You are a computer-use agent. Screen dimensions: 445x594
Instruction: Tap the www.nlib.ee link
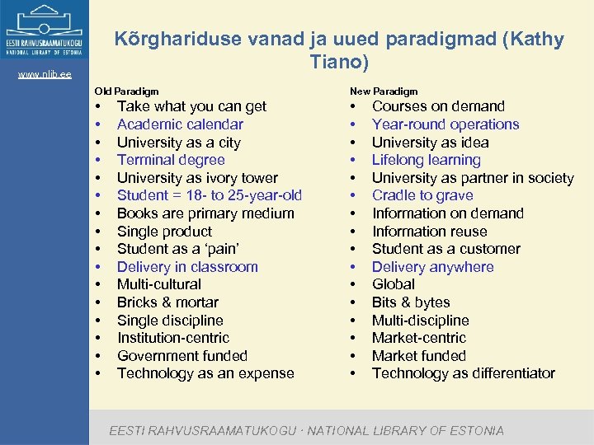(45, 75)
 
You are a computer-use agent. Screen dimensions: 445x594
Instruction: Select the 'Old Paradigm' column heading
(126, 91)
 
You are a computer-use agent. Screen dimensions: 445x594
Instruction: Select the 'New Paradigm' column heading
(384, 91)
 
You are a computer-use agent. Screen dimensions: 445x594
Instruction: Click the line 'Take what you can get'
(191, 106)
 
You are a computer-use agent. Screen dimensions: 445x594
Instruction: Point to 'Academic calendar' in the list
(180, 124)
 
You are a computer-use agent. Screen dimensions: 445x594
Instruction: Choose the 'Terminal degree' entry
(171, 160)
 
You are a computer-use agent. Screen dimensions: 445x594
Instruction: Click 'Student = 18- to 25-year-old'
(210, 195)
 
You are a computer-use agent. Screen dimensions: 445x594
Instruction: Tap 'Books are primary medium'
(205, 213)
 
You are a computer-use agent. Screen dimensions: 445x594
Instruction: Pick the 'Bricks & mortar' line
(168, 302)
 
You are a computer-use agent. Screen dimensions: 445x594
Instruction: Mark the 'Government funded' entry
(182, 356)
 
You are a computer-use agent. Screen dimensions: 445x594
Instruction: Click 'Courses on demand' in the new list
(438, 106)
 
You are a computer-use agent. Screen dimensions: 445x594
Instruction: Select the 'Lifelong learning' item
(426, 160)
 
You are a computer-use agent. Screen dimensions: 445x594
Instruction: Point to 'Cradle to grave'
(422, 195)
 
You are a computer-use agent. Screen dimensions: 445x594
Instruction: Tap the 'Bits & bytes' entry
(411, 302)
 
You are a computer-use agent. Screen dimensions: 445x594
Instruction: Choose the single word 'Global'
(394, 284)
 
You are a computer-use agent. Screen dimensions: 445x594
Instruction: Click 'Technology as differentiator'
(464, 373)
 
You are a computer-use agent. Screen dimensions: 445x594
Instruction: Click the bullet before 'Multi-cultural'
(97, 285)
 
